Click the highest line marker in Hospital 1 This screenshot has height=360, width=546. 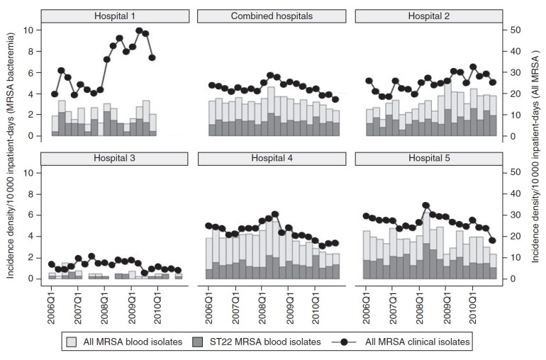(140, 31)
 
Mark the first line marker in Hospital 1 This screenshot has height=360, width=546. (55, 94)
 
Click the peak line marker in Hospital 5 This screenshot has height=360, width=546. (426, 206)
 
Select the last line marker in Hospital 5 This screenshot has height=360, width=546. (492, 240)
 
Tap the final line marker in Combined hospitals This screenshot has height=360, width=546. (335, 99)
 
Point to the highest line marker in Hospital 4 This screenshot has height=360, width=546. (275, 214)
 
